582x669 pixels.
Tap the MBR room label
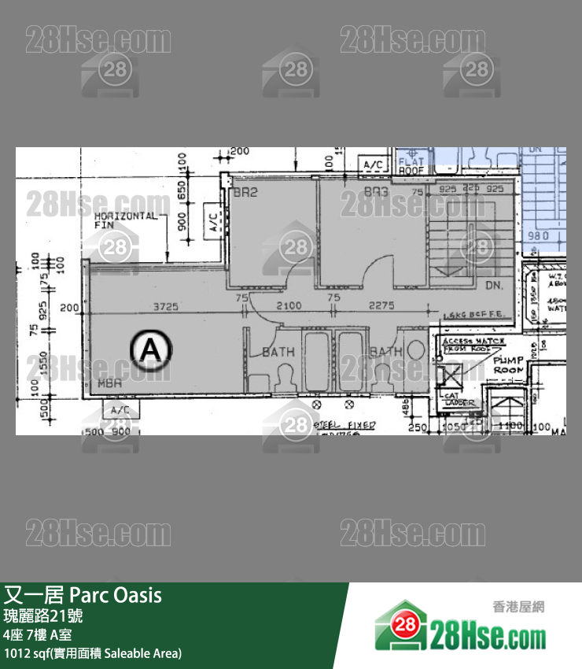[x=109, y=383]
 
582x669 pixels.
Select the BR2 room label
[x=245, y=192]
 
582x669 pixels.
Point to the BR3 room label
[x=377, y=192]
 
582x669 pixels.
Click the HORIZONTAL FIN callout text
[x=125, y=220]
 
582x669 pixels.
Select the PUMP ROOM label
[x=508, y=364]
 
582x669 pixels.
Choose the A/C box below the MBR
[x=120, y=410]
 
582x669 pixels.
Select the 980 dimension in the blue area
[x=538, y=235]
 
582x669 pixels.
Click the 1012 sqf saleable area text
[x=93, y=653]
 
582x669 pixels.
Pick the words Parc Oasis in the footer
[x=116, y=595]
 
